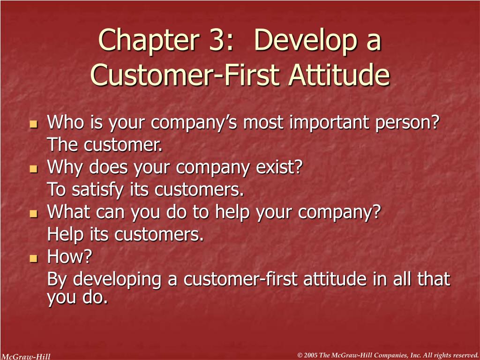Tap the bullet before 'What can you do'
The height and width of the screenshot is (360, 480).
pyautogui.click(x=33, y=214)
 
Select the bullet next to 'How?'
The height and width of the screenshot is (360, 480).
pyautogui.click(x=33, y=258)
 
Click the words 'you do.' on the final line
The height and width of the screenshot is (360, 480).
pyautogui.click(x=77, y=297)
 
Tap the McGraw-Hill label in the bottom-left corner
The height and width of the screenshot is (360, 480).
pyautogui.click(x=25, y=356)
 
